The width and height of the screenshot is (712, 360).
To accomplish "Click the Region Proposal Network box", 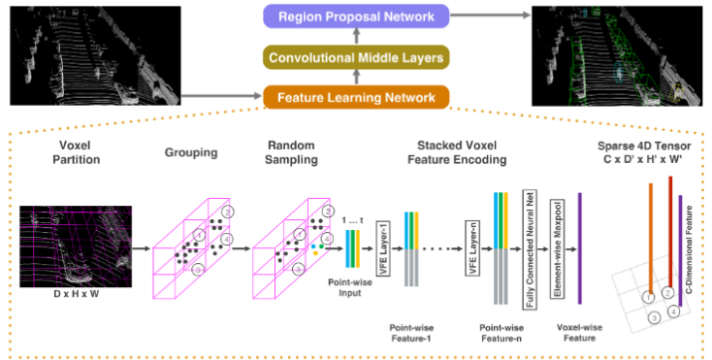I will (x=355, y=16).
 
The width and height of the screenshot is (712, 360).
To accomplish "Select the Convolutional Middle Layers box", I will (x=355, y=57).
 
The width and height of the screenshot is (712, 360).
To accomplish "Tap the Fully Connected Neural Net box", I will (x=530, y=249).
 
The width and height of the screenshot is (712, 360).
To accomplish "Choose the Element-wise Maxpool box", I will (x=558, y=248).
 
